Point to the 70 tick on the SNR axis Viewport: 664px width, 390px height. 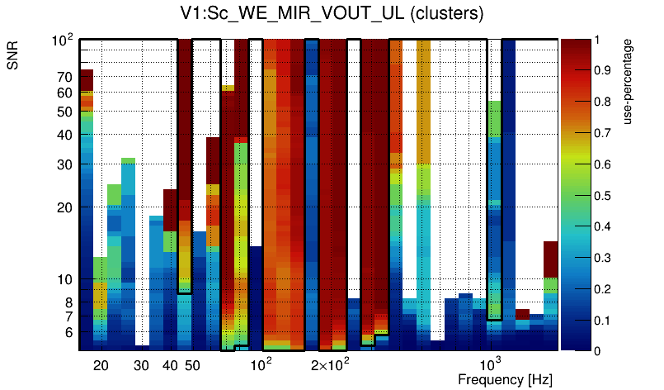pyautogui.click(x=64, y=77)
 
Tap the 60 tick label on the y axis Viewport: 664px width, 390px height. pyautogui.click(x=64, y=93)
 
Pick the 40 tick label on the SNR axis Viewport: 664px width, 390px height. pyautogui.click(x=64, y=135)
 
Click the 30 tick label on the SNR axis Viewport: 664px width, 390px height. pyautogui.click(x=64, y=164)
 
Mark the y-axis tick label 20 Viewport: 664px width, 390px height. pyautogui.click(x=64, y=207)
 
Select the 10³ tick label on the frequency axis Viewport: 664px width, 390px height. pyautogui.click(x=491, y=364)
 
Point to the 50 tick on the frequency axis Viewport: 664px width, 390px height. pyautogui.click(x=192, y=365)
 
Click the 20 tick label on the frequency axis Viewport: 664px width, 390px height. pyautogui.click(x=101, y=365)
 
